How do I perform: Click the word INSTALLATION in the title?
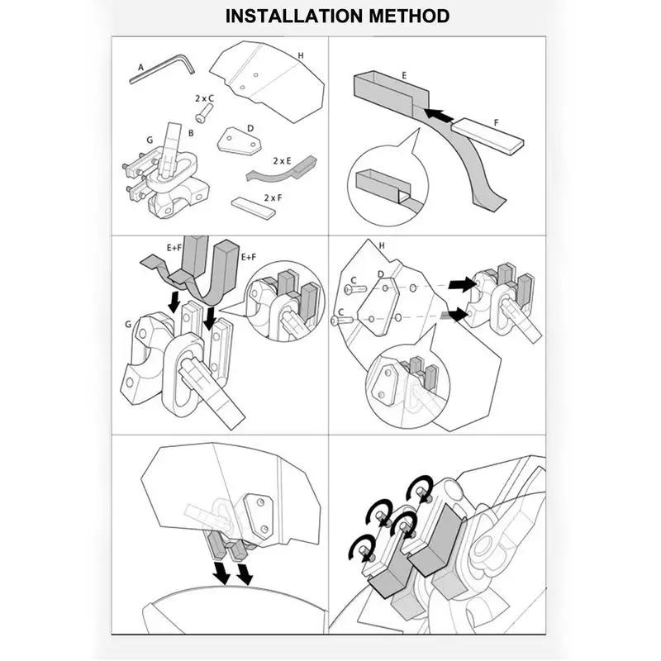(x=295, y=16)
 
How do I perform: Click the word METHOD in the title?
(x=410, y=16)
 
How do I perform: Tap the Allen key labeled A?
(x=162, y=68)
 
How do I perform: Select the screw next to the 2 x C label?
(x=203, y=113)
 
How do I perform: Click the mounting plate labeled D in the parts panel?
(x=239, y=140)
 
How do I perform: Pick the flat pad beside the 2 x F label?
(x=253, y=207)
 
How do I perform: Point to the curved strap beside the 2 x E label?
(x=282, y=169)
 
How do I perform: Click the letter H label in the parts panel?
(x=301, y=55)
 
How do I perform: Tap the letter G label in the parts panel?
(x=150, y=140)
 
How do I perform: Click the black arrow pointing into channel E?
(x=439, y=114)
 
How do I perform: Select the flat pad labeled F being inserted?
(x=487, y=135)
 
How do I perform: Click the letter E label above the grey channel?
(x=404, y=76)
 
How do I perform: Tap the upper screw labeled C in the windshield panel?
(x=355, y=289)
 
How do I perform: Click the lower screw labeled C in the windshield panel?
(x=342, y=321)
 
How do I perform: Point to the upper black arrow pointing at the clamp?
(x=462, y=285)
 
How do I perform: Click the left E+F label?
(x=174, y=248)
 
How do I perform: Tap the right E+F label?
(x=249, y=257)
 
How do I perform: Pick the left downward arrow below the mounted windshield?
(x=221, y=573)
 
